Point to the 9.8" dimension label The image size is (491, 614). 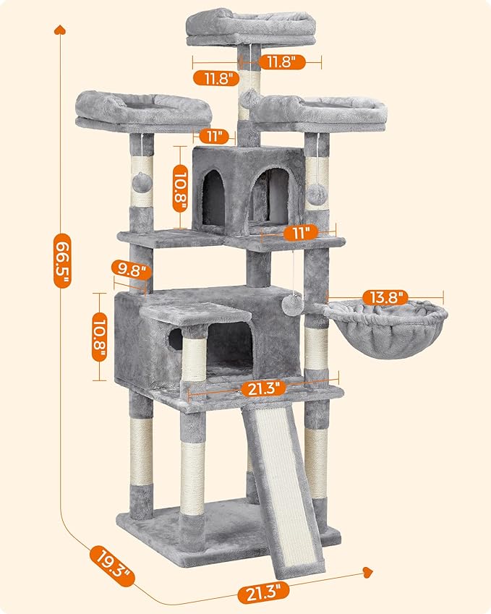pyautogui.click(x=131, y=271)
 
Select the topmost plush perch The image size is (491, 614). pyautogui.click(x=250, y=27)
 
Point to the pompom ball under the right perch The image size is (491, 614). pyautogui.click(x=315, y=193)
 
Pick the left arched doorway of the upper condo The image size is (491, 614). pyautogui.click(x=213, y=194)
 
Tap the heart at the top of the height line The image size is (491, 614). pyautogui.click(x=61, y=30)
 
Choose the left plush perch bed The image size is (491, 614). pyautogui.click(x=143, y=110)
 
